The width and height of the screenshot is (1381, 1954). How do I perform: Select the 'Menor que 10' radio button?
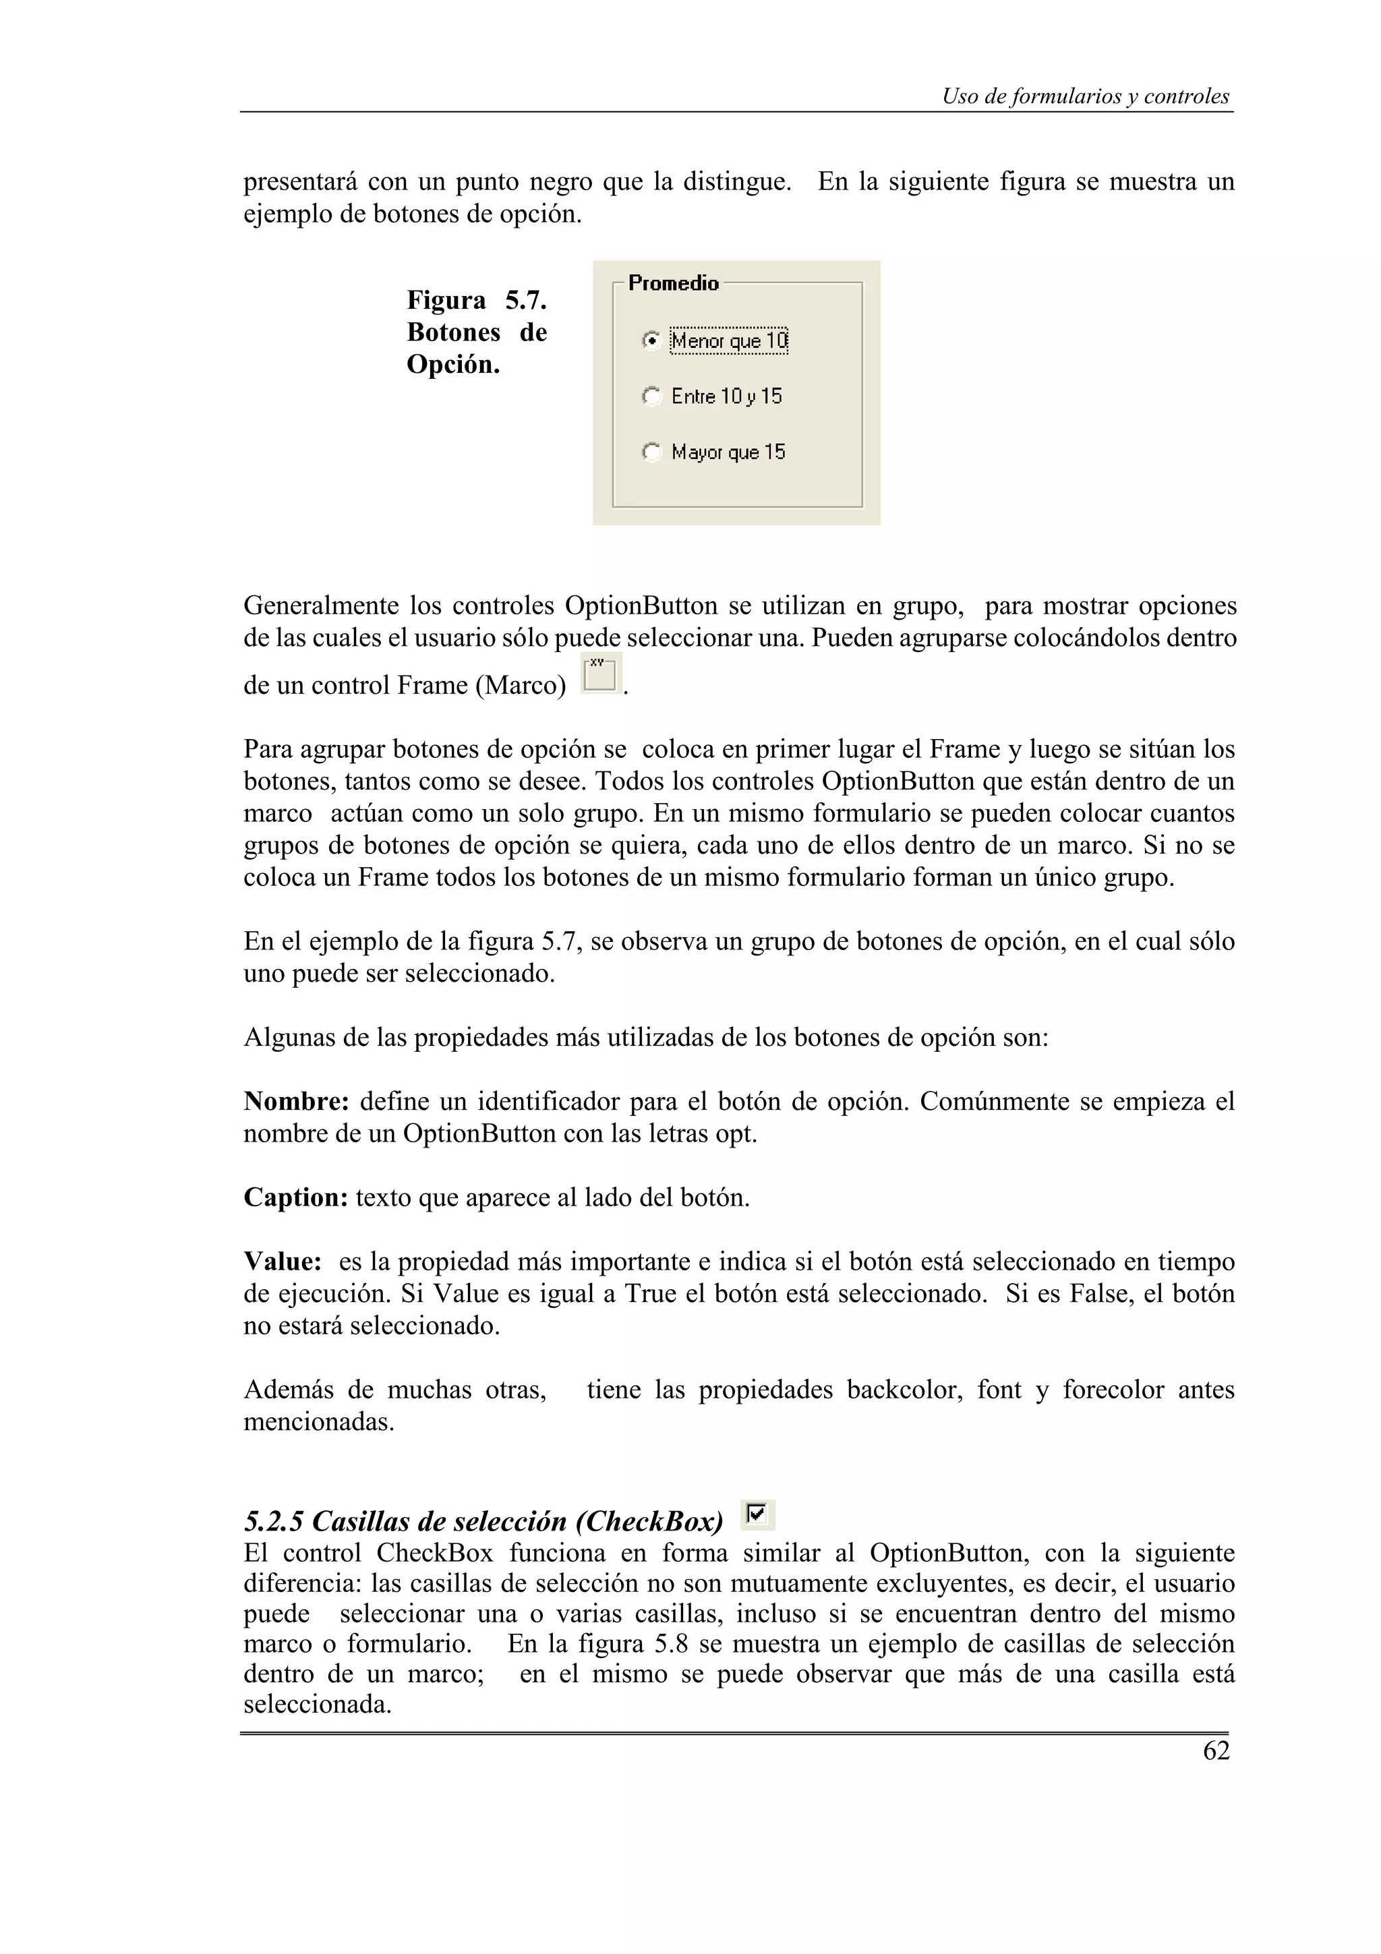pos(651,341)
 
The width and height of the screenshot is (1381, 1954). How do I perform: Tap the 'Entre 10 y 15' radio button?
pos(651,396)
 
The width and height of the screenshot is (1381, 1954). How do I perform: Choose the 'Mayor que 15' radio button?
pos(651,452)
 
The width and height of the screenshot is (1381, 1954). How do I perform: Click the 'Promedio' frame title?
pos(673,283)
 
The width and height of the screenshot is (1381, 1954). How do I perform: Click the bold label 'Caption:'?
pos(295,1197)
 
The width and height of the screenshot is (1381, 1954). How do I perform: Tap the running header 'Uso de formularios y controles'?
pos(1085,97)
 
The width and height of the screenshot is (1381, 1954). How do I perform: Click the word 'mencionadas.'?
pos(319,1422)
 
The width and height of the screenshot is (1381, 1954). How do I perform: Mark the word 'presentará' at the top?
pos(298,182)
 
